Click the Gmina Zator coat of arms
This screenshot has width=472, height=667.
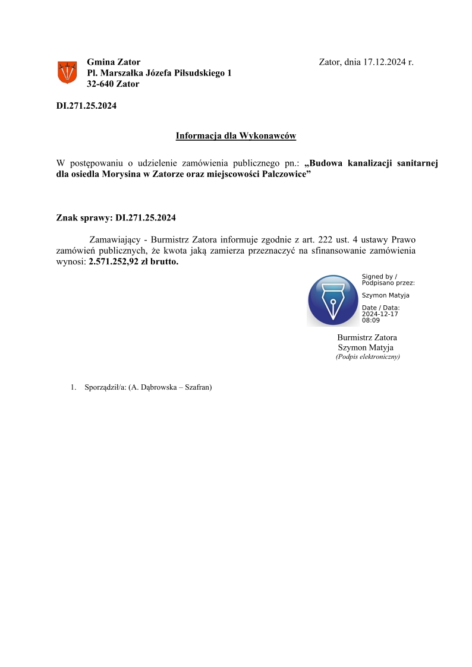(x=67, y=72)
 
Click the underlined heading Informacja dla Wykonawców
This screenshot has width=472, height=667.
(x=235, y=136)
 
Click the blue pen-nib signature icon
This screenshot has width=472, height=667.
(x=333, y=300)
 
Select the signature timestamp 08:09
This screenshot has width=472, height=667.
(x=370, y=320)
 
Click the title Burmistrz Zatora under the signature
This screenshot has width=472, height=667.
(x=367, y=337)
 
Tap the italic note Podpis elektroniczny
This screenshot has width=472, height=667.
(x=367, y=357)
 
